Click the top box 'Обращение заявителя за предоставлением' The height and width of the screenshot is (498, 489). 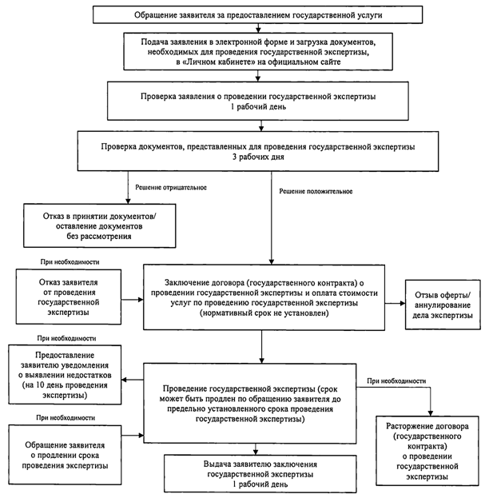(x=257, y=14)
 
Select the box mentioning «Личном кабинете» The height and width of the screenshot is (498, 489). (x=258, y=51)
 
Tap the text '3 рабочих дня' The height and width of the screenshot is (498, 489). (x=258, y=157)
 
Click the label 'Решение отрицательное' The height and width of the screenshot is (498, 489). (x=171, y=187)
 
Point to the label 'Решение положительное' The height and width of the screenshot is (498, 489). (x=316, y=191)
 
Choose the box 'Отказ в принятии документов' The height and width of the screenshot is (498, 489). (x=99, y=225)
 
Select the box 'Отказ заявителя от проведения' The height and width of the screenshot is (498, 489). (x=68, y=297)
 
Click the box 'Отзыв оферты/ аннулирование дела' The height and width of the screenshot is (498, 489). (x=443, y=305)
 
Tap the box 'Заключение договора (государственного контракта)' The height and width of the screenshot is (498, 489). (x=264, y=297)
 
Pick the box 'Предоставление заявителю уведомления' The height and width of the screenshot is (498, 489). (x=65, y=375)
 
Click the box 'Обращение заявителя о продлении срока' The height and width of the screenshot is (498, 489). (x=65, y=455)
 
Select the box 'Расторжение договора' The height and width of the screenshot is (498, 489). (x=427, y=451)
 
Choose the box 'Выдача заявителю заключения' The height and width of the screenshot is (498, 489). (x=260, y=474)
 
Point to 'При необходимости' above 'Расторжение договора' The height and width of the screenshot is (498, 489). (x=396, y=380)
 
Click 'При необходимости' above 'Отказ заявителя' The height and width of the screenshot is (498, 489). (x=70, y=262)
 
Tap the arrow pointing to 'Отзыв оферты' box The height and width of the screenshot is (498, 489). (x=396, y=303)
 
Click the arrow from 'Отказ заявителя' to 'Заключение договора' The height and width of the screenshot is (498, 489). (x=133, y=300)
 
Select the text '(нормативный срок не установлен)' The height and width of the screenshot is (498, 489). (x=264, y=313)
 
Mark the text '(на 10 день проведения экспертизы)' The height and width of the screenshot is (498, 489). (x=65, y=390)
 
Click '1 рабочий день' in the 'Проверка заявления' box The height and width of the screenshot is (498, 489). (x=258, y=107)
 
